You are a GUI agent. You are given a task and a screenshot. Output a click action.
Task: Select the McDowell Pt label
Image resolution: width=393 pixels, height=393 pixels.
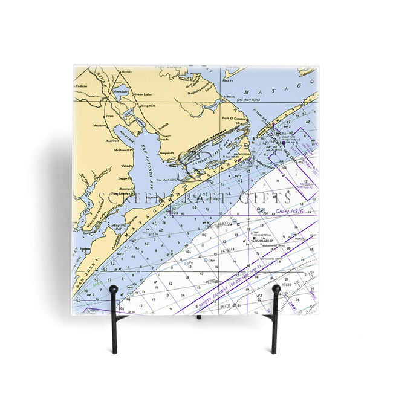[123, 150]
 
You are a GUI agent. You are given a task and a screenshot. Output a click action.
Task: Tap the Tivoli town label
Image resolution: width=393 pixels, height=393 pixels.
[110, 115]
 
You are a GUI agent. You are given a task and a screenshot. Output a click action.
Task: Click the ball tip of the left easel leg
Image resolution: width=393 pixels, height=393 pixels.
[113, 290]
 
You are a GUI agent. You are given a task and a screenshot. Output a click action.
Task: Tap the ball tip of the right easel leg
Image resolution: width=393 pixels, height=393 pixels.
[276, 288]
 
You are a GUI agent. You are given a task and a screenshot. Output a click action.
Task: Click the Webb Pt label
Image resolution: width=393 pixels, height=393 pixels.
[126, 166]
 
